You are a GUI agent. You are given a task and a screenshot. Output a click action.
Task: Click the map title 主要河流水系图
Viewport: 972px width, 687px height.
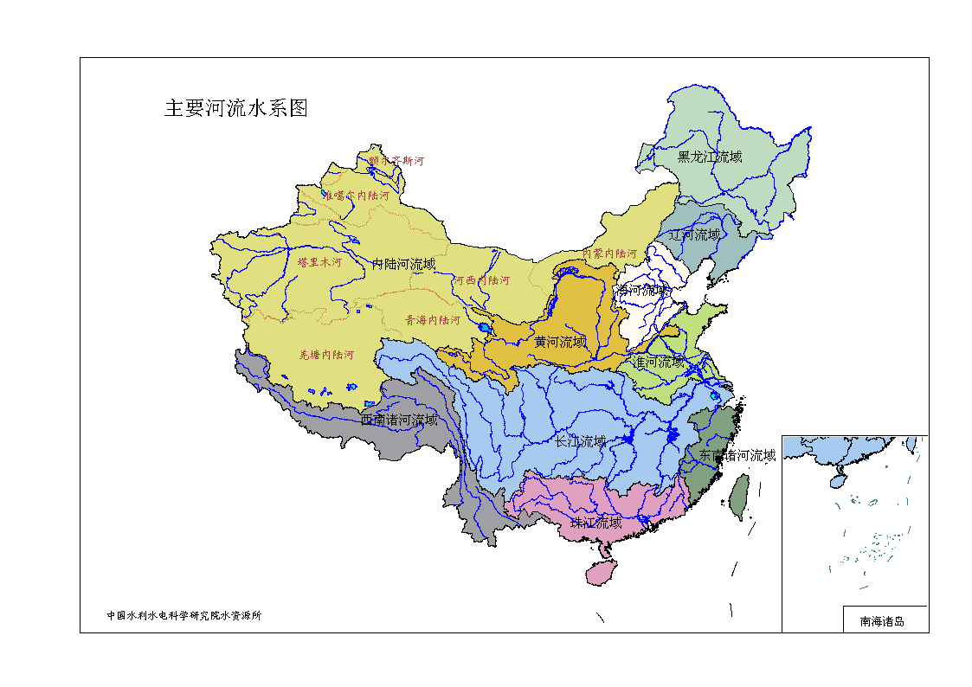[x=236, y=108]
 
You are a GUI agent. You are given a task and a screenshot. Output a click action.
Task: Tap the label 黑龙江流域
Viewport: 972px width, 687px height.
[x=710, y=157]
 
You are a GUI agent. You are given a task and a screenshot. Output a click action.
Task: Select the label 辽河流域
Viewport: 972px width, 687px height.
[x=694, y=234]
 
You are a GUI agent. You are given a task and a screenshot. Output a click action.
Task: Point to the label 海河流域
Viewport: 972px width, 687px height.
[x=642, y=290]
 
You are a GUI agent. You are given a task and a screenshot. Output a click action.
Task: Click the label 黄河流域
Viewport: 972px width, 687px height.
[x=559, y=342]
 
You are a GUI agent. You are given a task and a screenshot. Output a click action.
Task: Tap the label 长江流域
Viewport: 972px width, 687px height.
[x=580, y=441]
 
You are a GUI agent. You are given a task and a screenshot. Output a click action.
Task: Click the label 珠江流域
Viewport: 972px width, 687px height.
[x=595, y=523]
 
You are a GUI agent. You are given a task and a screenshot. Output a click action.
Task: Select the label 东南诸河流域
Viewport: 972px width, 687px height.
[x=737, y=455]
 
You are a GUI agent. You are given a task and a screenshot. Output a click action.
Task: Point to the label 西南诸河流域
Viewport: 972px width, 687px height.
[x=399, y=420]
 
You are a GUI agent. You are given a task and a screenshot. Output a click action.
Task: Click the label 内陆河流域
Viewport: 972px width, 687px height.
[x=404, y=264]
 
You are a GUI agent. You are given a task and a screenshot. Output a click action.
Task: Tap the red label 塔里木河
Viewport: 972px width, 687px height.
[x=319, y=261]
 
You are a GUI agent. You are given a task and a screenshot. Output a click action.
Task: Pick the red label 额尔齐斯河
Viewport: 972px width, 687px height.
[x=396, y=160]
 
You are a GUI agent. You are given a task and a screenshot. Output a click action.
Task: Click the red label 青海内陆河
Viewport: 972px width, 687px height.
[x=433, y=320]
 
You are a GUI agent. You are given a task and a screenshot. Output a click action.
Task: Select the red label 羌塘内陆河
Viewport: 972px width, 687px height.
[x=326, y=355]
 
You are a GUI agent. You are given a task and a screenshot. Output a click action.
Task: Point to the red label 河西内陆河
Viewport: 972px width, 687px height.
[x=481, y=280]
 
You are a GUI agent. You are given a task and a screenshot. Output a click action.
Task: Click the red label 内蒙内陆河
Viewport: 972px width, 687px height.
[x=609, y=253]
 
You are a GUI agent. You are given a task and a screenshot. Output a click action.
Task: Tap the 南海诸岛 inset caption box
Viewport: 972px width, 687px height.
[x=882, y=620]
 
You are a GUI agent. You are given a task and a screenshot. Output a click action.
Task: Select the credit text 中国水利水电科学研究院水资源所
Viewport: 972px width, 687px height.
[x=183, y=616]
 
